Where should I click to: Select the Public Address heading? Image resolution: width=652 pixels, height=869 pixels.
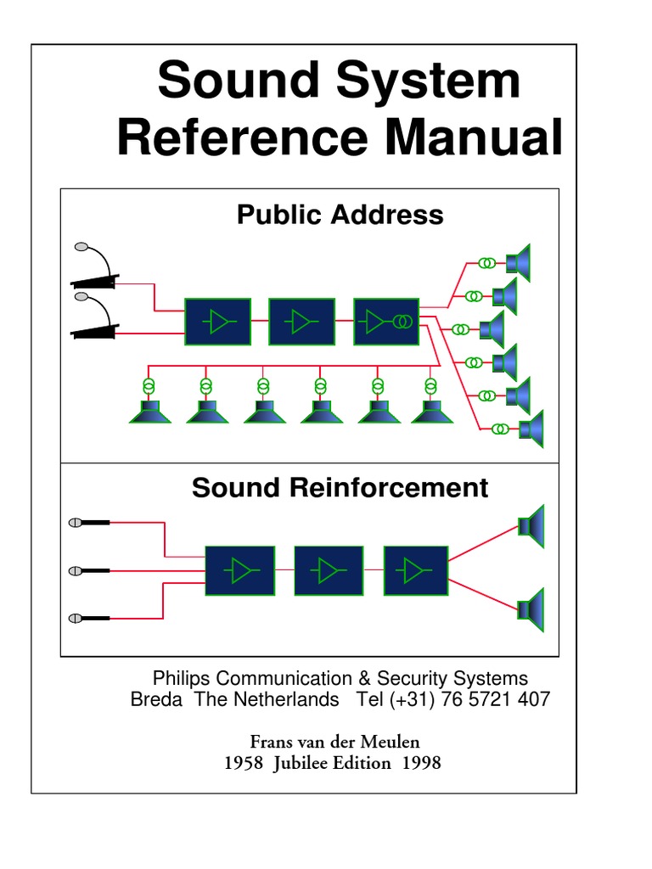pyautogui.click(x=340, y=215)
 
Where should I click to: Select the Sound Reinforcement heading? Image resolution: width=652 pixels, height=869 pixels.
pyautogui.click(x=340, y=488)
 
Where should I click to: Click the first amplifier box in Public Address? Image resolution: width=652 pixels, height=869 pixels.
pyautogui.click(x=217, y=322)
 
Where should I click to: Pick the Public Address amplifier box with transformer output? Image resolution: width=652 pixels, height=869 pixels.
pyautogui.click(x=386, y=322)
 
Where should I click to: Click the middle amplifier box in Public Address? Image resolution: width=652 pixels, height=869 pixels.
pyautogui.click(x=301, y=322)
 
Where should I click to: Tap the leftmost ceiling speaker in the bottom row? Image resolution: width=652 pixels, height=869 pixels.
pyautogui.click(x=150, y=412)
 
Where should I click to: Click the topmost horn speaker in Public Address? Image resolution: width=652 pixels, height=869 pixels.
pyautogui.click(x=518, y=263)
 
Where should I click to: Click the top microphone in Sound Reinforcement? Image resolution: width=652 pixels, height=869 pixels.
pyautogui.click(x=88, y=523)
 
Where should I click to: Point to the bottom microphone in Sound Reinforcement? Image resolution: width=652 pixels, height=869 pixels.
pyautogui.click(x=88, y=618)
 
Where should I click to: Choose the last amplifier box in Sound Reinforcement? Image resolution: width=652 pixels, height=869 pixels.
pyautogui.click(x=416, y=570)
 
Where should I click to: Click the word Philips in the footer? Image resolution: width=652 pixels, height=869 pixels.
pyautogui.click(x=181, y=679)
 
